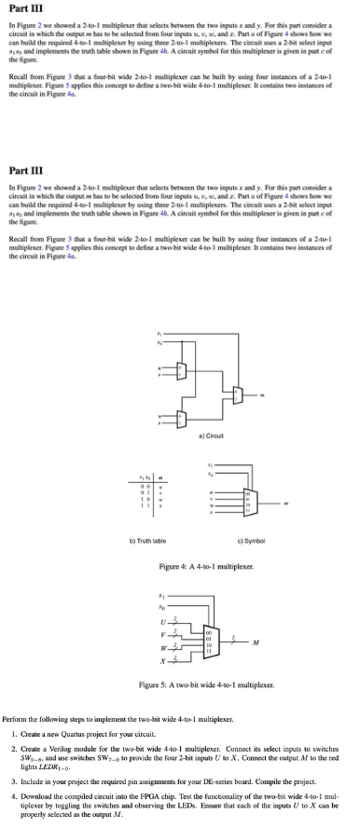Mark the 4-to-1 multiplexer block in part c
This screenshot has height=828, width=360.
pos(245,504)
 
